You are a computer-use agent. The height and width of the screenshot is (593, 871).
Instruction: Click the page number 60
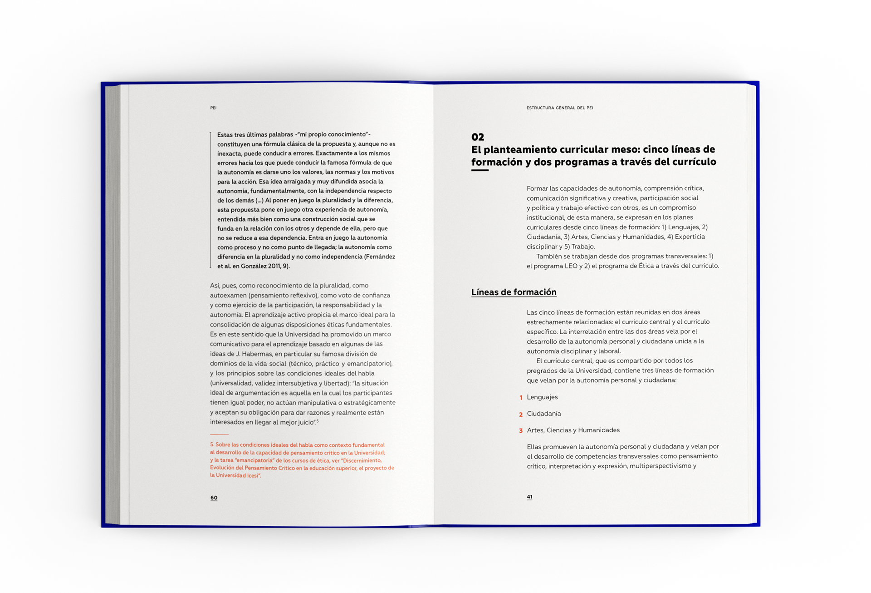point(214,498)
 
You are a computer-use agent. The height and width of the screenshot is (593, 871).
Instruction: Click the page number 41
point(529,497)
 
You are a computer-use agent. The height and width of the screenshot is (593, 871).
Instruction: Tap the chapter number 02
point(478,137)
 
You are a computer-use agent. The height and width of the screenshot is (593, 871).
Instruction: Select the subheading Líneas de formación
point(514,292)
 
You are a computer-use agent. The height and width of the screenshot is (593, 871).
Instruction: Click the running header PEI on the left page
point(213,108)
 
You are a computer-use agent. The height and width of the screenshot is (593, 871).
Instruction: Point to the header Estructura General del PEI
point(559,108)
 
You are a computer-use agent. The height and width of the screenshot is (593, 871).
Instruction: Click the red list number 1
point(521,398)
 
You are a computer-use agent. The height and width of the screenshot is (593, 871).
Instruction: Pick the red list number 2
point(521,415)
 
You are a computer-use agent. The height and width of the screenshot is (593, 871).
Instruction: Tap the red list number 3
point(521,431)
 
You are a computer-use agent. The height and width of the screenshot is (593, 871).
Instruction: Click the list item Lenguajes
point(542,397)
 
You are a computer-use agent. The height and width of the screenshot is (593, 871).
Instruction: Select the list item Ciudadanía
point(543,414)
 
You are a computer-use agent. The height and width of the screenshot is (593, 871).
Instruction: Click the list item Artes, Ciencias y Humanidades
point(573,430)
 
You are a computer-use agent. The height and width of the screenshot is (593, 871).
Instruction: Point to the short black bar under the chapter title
point(480,170)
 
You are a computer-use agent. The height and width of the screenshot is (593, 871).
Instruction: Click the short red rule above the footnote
point(219,435)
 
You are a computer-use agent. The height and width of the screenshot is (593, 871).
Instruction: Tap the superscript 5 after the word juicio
point(318,421)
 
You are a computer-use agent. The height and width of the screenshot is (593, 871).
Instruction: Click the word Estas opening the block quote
point(225,135)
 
